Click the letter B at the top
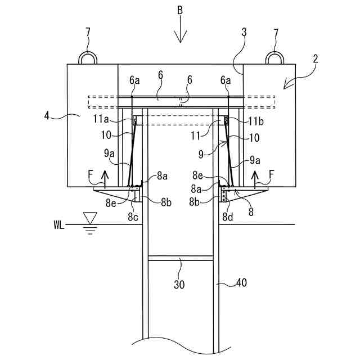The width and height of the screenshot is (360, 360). [179, 11]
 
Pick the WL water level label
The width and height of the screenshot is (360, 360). [58, 226]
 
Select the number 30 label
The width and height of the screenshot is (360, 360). [179, 285]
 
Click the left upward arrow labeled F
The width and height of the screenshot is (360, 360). [104, 179]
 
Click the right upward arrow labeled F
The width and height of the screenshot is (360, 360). [256, 178]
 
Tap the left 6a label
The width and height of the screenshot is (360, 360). [134, 81]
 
